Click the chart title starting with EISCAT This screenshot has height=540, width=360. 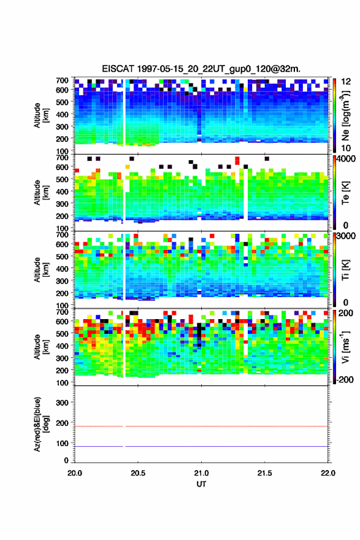(201, 69)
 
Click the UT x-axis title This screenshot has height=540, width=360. (201, 484)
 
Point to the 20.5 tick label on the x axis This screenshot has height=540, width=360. (138, 473)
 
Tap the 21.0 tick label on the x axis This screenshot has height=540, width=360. (201, 473)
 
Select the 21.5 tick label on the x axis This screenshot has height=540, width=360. (265, 473)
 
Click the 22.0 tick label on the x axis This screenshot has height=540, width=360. (328, 473)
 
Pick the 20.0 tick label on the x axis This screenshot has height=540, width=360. (75, 473)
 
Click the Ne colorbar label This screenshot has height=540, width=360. (346, 115)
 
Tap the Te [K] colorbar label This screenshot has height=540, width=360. (345, 193)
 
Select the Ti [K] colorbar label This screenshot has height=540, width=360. (345, 269)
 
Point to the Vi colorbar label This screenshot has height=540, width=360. (345, 347)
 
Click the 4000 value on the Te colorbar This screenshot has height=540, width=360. (346, 159)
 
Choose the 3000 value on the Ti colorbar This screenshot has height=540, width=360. (346, 236)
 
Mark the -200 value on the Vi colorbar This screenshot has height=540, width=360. (344, 379)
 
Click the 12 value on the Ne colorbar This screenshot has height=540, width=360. (346, 82)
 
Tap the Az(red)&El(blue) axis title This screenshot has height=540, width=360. (40, 424)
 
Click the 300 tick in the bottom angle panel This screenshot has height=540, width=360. (62, 403)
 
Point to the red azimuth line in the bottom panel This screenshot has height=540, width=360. (201, 426)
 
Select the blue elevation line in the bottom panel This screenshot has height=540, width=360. (201, 446)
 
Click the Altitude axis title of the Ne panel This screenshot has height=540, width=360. (41, 115)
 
